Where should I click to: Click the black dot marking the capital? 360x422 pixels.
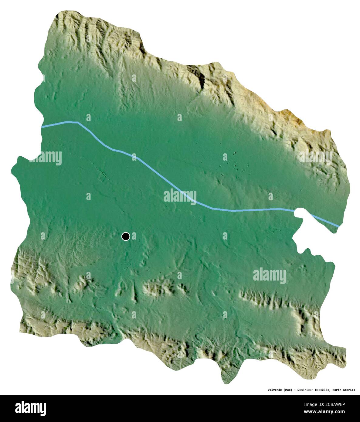(x=126, y=236)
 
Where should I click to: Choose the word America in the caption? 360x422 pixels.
(x=349, y=390)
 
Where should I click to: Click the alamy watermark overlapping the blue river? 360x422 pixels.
(x=180, y=196)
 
